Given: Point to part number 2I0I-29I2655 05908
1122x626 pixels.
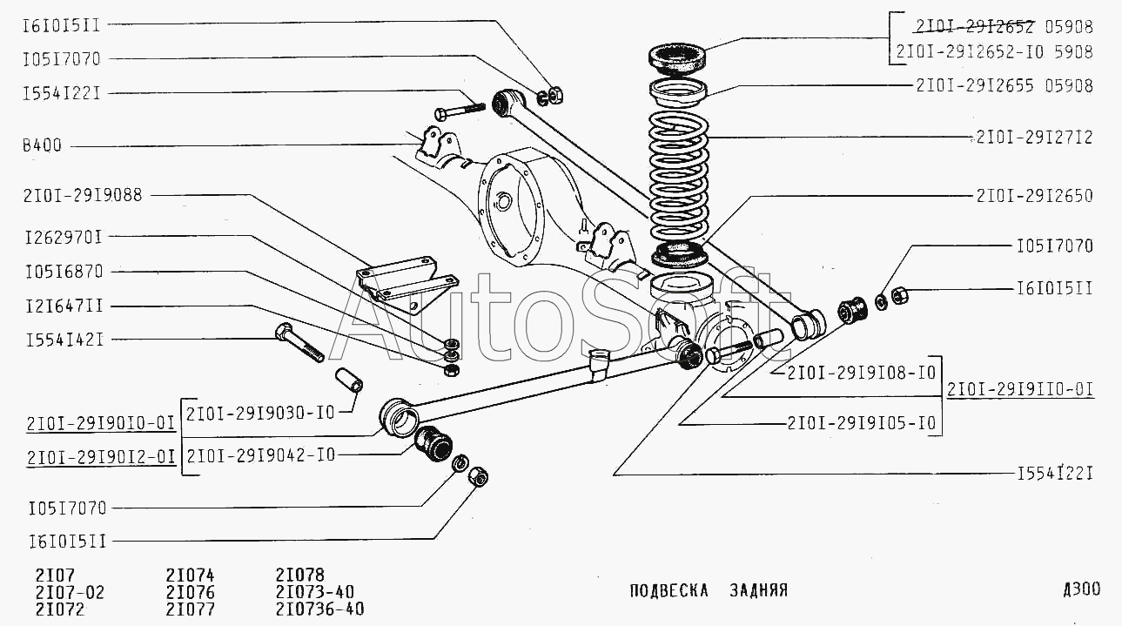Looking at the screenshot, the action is (1003, 85).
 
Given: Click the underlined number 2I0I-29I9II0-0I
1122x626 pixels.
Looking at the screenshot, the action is (1020, 389).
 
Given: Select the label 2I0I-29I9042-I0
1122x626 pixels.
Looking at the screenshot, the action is (260, 455).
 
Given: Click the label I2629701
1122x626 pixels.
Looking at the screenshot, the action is (63, 236).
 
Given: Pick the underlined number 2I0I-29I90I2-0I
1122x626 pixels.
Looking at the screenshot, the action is (102, 456).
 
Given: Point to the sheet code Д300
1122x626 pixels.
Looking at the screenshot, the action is (1080, 589).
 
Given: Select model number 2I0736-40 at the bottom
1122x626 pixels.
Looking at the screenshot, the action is (319, 609).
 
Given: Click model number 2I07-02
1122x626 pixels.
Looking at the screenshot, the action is (70, 592).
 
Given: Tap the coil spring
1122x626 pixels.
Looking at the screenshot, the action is (680, 178).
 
